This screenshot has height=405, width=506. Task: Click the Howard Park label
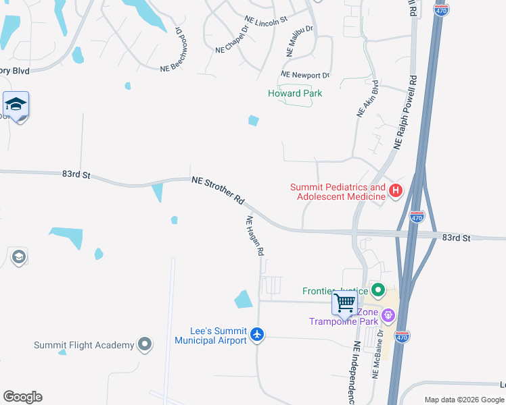tap(295, 94)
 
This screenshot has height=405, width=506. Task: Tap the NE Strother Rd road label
tap(218, 190)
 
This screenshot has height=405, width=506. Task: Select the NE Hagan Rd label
tap(254, 236)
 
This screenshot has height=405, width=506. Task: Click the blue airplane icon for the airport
tap(256, 334)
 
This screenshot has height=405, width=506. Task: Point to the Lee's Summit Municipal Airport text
tap(210, 335)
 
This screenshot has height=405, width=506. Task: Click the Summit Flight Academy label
tap(85, 346)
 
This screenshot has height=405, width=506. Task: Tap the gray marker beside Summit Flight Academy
tap(144, 345)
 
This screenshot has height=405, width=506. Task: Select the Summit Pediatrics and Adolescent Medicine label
tap(338, 192)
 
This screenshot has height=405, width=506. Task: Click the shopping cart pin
tap(344, 303)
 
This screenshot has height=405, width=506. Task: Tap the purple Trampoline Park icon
tap(388, 315)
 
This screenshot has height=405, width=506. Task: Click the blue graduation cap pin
tap(16, 105)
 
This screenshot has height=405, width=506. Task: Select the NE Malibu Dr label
tap(298, 41)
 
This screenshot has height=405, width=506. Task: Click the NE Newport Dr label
tap(305, 75)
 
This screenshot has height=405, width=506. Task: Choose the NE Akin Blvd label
tap(367, 99)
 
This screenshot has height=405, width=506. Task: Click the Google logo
tap(22, 397)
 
